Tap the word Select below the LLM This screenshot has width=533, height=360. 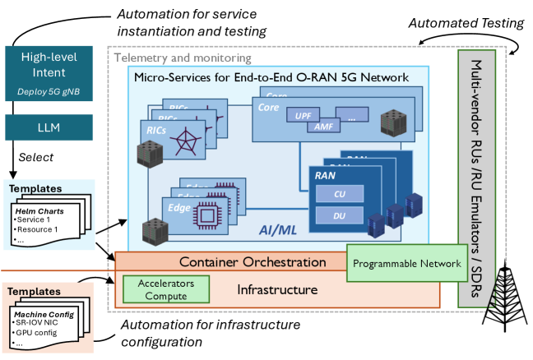coord(37,156)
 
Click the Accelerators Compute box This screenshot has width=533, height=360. coord(166,289)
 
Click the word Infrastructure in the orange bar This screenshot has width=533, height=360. coord(276,290)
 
